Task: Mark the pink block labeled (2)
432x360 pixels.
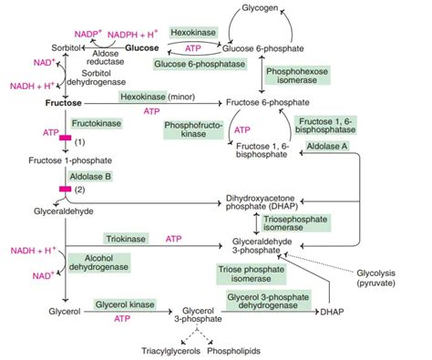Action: click(66, 189)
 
